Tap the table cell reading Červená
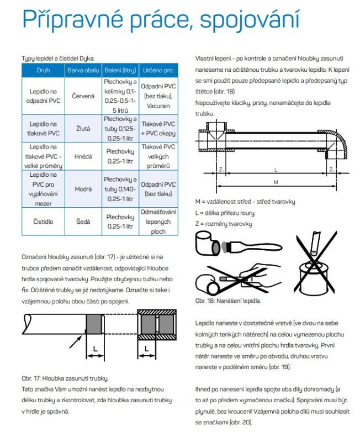click(x=83, y=96)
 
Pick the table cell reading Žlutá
click(x=83, y=128)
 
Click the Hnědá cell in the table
click(x=83, y=156)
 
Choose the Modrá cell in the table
click(x=83, y=189)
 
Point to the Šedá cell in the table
click(x=83, y=221)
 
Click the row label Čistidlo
click(x=43, y=221)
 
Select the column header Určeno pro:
click(x=158, y=71)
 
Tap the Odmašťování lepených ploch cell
click(x=158, y=221)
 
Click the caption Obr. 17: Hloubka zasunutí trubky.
click(x=65, y=378)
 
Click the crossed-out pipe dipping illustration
click(x=313, y=260)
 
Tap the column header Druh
click(x=43, y=71)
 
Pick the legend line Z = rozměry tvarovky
click(x=224, y=223)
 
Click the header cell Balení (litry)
click(x=120, y=71)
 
